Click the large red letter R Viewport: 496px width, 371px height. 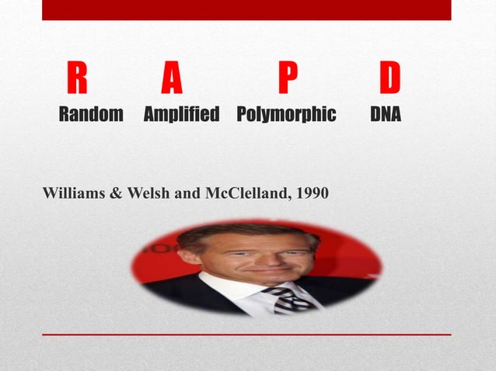tap(76, 79)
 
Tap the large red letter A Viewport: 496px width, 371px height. tap(172, 79)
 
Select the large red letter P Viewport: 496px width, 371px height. tap(288, 79)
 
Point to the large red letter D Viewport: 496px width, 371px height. tap(389, 79)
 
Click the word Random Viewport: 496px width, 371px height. tap(91, 116)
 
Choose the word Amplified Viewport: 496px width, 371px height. tap(182, 116)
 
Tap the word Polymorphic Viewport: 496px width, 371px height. tap(286, 116)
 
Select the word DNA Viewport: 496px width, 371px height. tap(386, 116)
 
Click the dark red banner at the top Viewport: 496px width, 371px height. tap(246, 9)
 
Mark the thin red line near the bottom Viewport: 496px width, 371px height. tap(246, 335)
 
